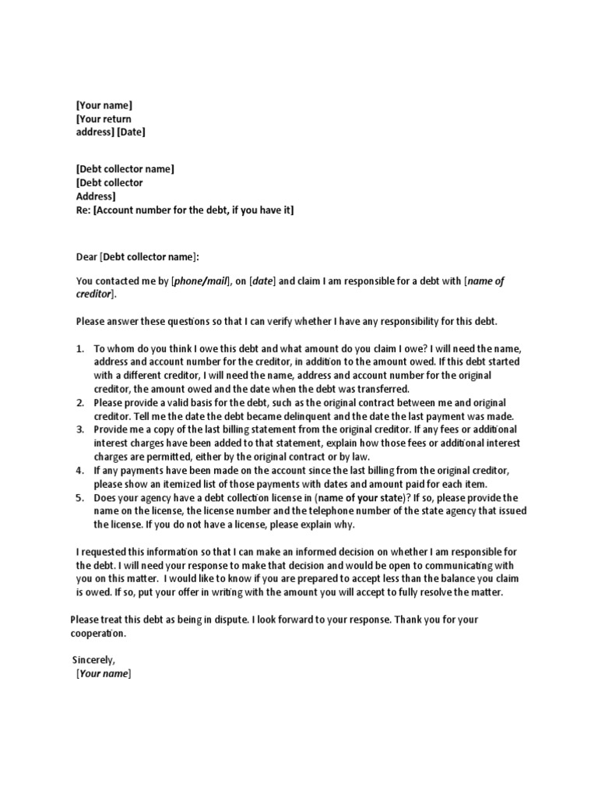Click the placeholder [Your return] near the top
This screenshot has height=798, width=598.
(104, 118)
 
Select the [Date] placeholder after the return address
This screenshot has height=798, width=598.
(131, 132)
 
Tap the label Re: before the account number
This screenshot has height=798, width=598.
(83, 210)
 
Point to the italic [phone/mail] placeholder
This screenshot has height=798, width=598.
(199, 281)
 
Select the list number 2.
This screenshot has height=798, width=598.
(80, 403)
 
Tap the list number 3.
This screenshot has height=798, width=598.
(80, 429)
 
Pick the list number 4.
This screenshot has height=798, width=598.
(80, 471)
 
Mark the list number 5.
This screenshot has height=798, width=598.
(80, 497)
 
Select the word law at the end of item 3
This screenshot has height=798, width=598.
(361, 456)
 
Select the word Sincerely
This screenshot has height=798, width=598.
(93, 659)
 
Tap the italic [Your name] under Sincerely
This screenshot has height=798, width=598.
(104, 673)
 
